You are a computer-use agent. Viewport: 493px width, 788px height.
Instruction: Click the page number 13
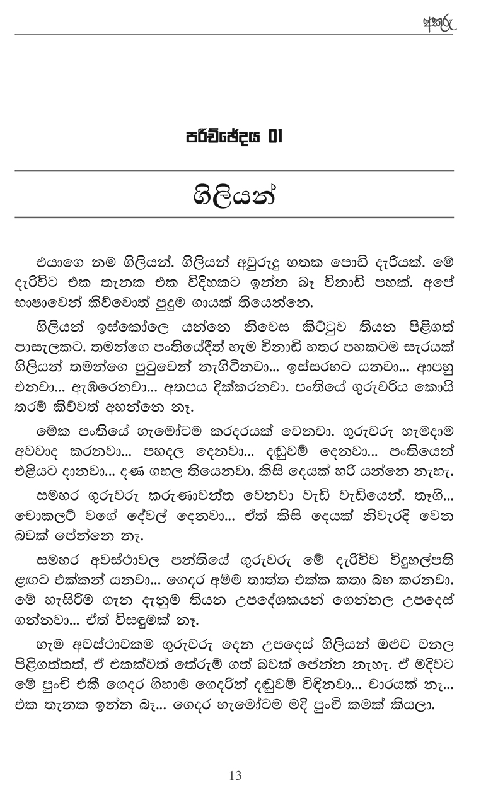click(x=236, y=775)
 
